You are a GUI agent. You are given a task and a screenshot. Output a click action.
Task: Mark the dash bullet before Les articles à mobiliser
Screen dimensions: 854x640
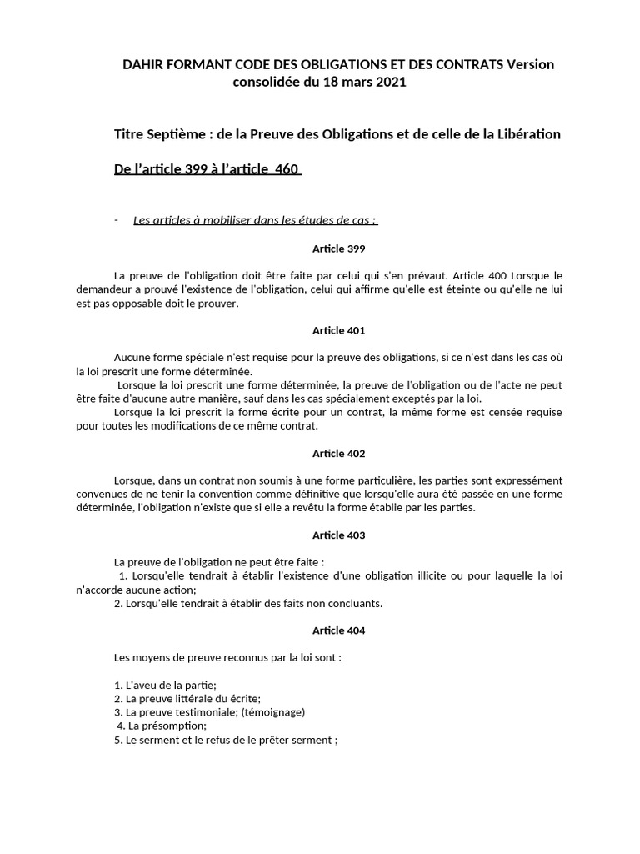pos(117,220)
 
